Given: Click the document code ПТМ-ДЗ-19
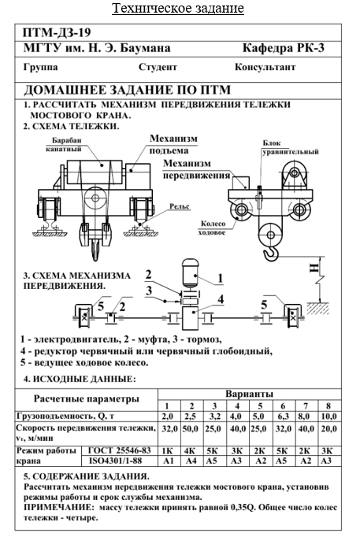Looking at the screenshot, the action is click(58, 33).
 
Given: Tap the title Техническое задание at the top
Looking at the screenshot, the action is click(178, 8).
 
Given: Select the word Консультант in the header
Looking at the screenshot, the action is click(265, 67).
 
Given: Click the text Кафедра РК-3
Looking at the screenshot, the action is click(284, 48).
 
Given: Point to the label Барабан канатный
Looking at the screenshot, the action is click(64, 145).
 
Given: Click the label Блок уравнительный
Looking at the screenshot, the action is click(291, 147).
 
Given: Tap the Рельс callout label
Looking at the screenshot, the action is click(180, 206).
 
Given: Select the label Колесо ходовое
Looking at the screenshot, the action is click(213, 228).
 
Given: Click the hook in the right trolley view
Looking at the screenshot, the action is click(272, 254).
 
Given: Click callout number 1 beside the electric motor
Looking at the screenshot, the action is click(221, 279).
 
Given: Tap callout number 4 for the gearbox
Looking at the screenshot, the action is click(221, 300).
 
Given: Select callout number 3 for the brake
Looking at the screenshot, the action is click(148, 291).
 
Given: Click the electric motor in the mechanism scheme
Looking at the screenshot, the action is click(191, 272).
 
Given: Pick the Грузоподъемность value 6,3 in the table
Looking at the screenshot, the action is click(283, 417).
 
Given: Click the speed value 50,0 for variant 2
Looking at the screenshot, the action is click(191, 429).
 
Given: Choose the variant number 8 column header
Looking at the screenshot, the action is click(328, 406).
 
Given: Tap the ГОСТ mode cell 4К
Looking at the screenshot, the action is click(190, 450).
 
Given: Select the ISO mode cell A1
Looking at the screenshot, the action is click(168, 461).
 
